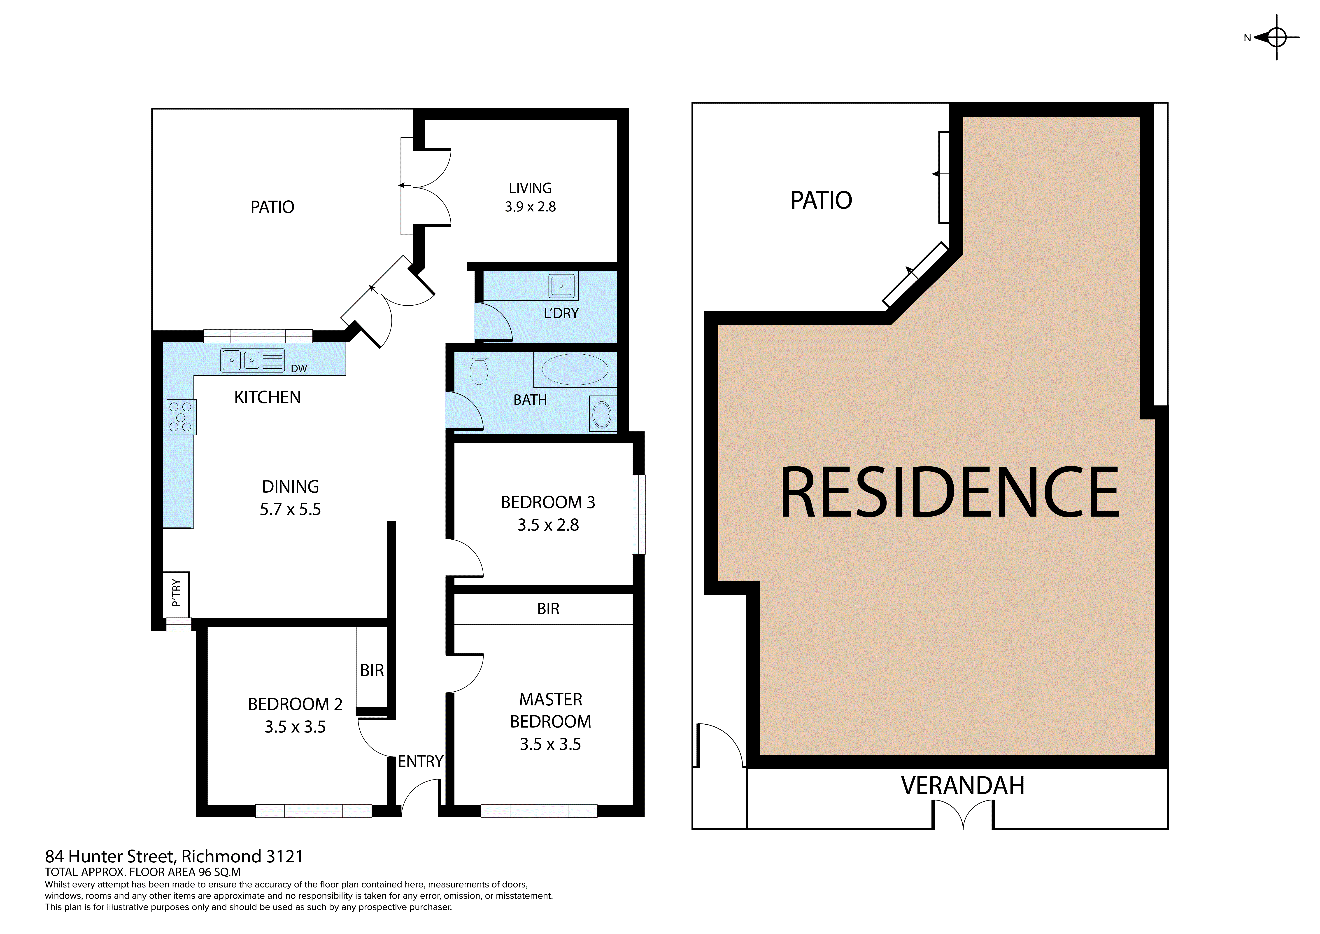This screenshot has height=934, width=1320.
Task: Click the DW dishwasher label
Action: (299, 369)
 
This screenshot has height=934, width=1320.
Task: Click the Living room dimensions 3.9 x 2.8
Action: (530, 206)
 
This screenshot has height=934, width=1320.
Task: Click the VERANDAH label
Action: (962, 786)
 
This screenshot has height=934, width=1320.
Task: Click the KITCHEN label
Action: (267, 397)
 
